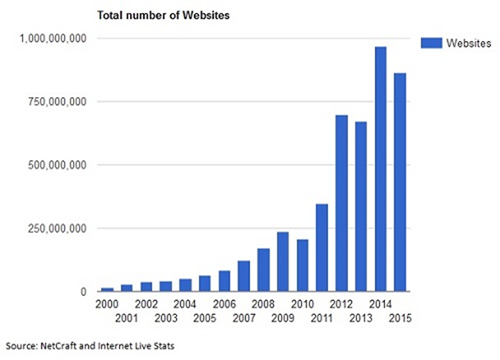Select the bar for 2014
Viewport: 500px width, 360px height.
pyautogui.click(x=381, y=169)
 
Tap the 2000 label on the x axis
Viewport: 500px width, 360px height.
pyautogui.click(x=107, y=304)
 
